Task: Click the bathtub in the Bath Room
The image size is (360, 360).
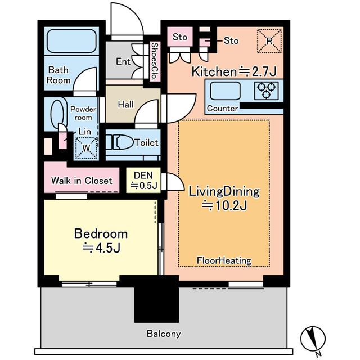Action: [71, 41]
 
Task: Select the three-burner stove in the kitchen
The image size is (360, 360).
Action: [266, 91]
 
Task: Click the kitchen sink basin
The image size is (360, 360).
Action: [226, 91]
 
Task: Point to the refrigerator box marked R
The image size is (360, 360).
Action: [269, 41]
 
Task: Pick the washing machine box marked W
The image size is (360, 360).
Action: [87, 148]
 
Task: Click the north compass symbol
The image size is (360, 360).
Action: [313, 339]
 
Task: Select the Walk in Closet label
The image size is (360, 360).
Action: [82, 181]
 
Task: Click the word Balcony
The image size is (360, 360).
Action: [164, 334]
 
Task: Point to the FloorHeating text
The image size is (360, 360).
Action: [224, 260]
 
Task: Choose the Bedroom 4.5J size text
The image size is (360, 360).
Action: [101, 247]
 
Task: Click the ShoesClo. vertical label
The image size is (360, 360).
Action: [155, 61]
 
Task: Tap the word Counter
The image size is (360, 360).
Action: [222, 109]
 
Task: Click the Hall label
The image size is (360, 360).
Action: [125, 105]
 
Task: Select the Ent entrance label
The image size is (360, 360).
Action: [123, 61]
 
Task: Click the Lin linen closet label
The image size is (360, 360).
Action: [85, 132]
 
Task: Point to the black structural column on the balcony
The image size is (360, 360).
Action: [156, 299]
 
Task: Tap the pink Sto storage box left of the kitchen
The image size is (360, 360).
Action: [180, 37]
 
